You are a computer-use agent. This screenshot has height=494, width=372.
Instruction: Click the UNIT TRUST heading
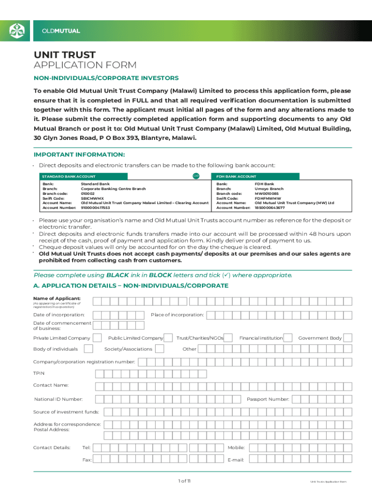pyautogui.click(x=64, y=55)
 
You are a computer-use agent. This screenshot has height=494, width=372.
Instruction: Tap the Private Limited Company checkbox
pyautogui.click(x=97, y=338)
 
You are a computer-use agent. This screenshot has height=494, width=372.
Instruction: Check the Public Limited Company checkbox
pyautogui.click(x=169, y=338)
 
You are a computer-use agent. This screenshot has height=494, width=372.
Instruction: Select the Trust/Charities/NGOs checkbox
pyautogui.click(x=229, y=338)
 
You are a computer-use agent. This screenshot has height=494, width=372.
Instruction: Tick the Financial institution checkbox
pyautogui.click(x=288, y=338)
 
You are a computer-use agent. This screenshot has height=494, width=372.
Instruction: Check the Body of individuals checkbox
pyautogui.click(x=88, y=349)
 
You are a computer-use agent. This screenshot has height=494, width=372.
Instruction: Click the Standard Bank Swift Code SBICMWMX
pyautogui.click(x=92, y=198)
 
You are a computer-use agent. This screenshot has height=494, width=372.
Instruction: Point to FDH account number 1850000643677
pyautogui.click(x=270, y=207)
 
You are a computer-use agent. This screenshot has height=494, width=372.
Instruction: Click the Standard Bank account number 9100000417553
pyautogui.click(x=95, y=207)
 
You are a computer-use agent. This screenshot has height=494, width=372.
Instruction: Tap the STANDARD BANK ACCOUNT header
pyautogui.click(x=69, y=177)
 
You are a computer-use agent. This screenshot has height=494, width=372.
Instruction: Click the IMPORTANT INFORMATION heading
pyautogui.click(x=79, y=154)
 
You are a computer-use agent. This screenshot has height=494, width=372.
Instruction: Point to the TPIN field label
pyautogui.click(x=38, y=373)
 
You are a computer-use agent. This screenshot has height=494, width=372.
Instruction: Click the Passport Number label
pyautogui.click(x=268, y=399)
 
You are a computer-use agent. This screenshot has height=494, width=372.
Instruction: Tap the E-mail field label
pyautogui.click(x=236, y=460)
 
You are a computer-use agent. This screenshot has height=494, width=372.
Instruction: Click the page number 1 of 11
pyautogui.click(x=186, y=481)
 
